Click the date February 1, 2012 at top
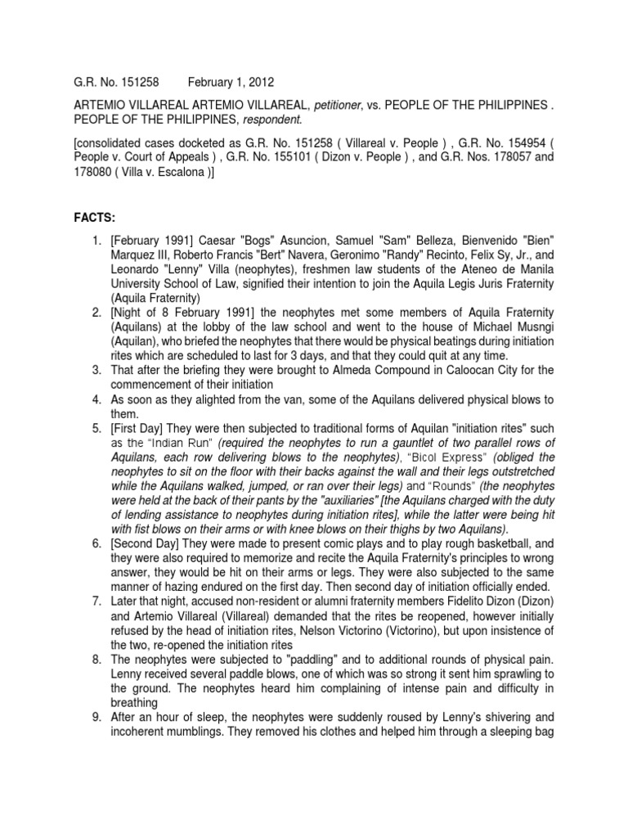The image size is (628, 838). (x=231, y=83)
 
